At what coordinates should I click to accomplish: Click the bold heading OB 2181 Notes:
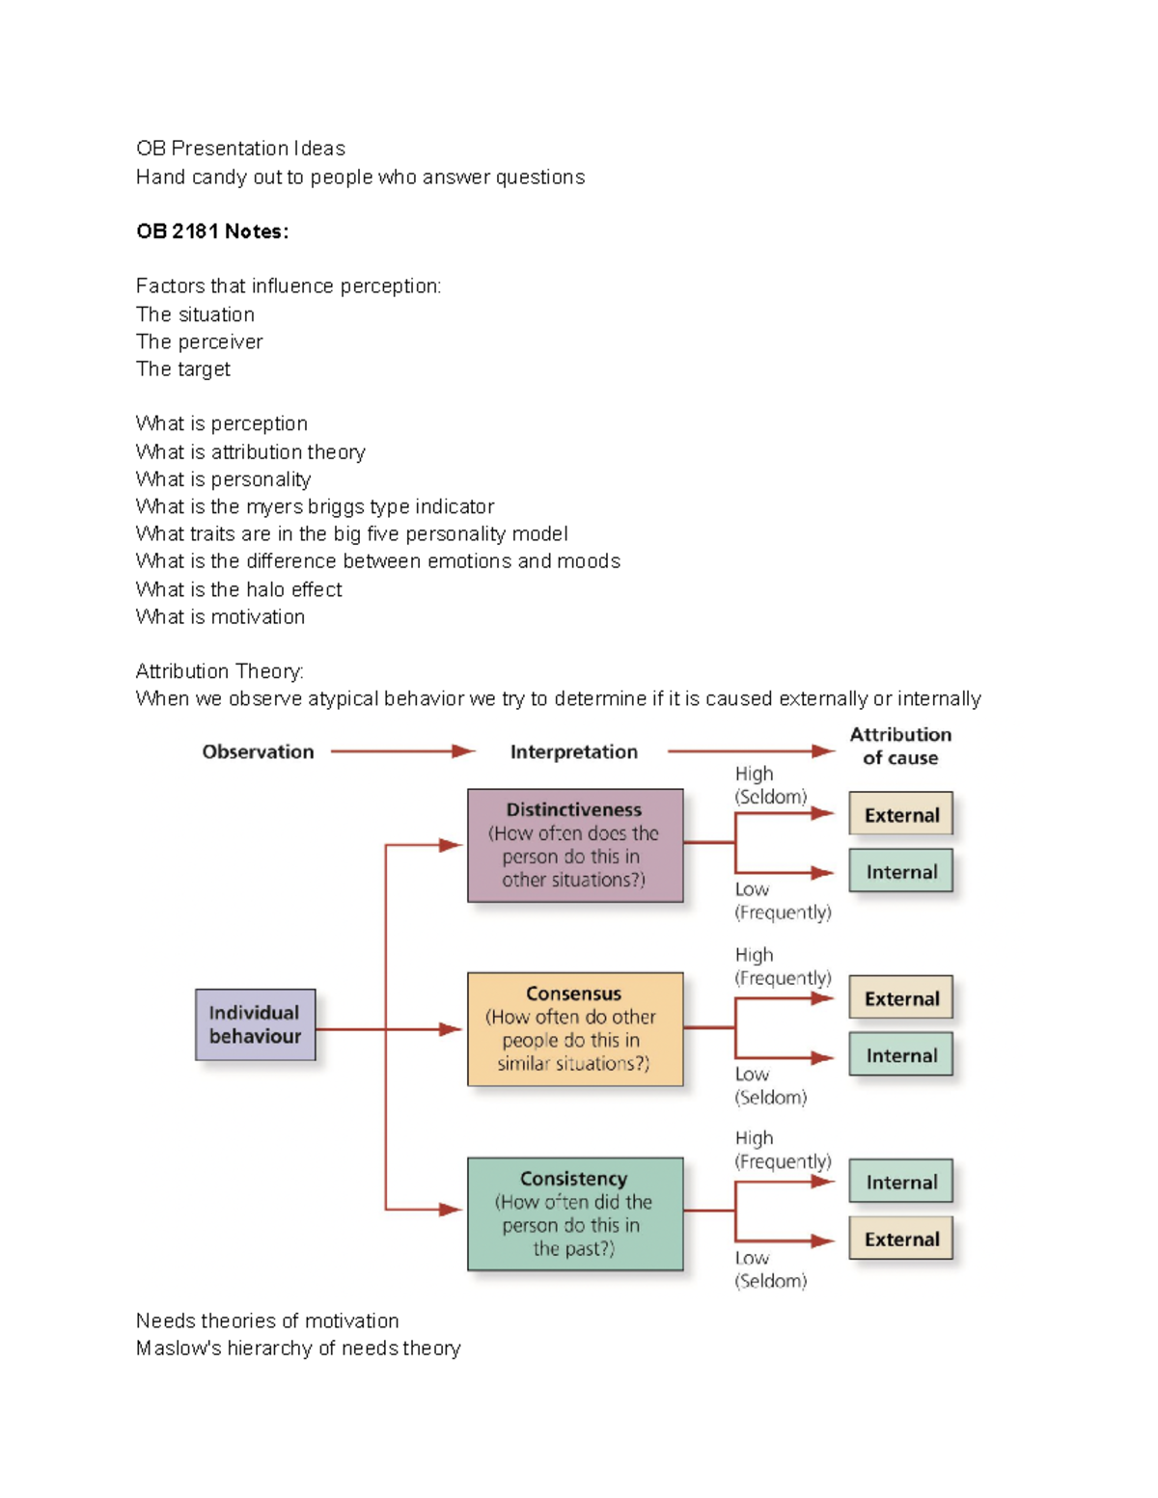pos(212,232)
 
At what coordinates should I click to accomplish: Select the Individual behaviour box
pos(255,1024)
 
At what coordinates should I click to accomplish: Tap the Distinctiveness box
pos(575,845)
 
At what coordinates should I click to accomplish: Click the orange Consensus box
pos(575,1028)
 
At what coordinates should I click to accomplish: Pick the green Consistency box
pos(575,1213)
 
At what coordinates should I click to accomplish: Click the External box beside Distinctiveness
pos(901,814)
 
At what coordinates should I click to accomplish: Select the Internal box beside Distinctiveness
pos(901,871)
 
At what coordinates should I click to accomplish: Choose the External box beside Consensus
pos(901,997)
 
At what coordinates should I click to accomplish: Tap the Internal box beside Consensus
pos(901,1054)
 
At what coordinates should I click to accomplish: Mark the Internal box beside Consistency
pos(901,1182)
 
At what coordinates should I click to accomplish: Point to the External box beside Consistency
pos(901,1239)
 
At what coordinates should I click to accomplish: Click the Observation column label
pos(258,751)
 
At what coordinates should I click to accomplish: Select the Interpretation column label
pos(573,751)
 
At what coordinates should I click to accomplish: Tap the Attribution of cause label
pos(900,746)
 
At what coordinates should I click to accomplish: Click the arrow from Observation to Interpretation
pos(402,751)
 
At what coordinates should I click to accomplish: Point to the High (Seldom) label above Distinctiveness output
pos(770,785)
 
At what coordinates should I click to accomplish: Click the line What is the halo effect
pos(239,589)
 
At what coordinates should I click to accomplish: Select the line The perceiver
pos(200,341)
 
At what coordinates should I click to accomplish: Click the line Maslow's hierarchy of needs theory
pos(298,1348)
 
